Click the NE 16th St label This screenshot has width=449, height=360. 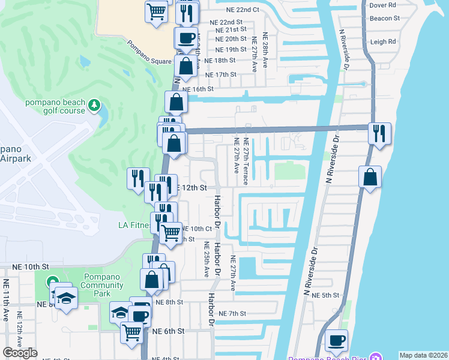click(x=197, y=89)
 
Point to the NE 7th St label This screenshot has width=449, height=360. click(x=233, y=314)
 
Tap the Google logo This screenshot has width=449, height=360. click(x=20, y=353)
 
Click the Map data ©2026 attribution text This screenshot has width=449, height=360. click(x=423, y=355)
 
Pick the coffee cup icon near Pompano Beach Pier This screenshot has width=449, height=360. click(x=336, y=341)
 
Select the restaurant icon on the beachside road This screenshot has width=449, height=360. click(x=379, y=133)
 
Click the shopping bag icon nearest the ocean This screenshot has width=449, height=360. click(x=370, y=177)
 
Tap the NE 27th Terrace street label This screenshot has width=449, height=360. click(x=246, y=161)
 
